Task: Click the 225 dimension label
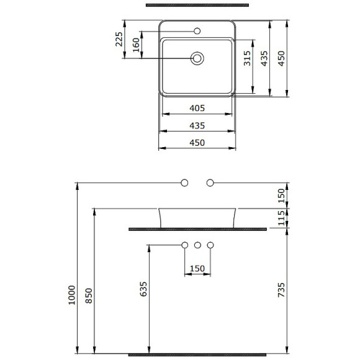tap(119, 39)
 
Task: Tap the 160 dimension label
tap(136, 45)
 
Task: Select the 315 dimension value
tap(247, 58)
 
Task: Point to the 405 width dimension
tap(197, 108)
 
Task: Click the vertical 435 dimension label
tap(264, 58)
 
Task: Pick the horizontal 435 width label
tap(197, 125)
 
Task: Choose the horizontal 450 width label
tap(197, 143)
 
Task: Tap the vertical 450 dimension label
tap(281, 58)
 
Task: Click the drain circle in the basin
tap(197, 58)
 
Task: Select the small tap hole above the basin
tap(197, 31)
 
